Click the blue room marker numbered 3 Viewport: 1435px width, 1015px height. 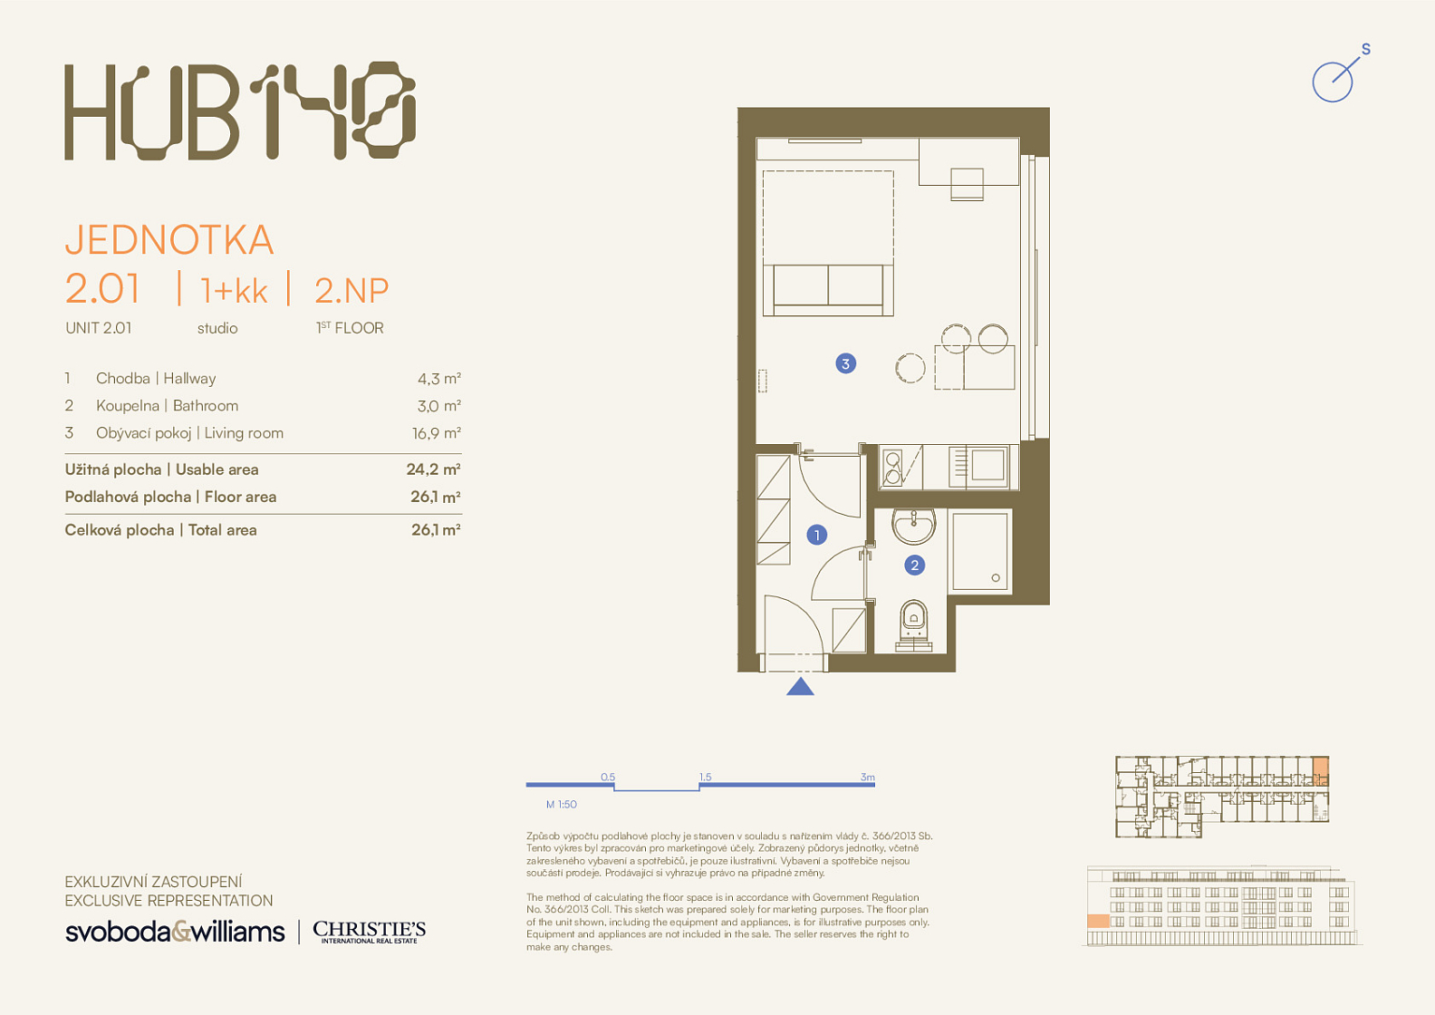(845, 364)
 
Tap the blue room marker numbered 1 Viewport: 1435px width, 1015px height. (817, 535)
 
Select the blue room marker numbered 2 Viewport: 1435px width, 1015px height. (914, 565)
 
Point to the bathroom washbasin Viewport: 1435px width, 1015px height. (914, 527)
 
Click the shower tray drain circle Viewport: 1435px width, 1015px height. (996, 578)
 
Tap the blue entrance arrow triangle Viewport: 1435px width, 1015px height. (800, 686)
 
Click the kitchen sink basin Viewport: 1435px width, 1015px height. (987, 465)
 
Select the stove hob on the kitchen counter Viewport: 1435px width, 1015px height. (892, 467)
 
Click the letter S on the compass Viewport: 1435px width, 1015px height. (1366, 49)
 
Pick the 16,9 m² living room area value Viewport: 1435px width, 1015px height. (437, 434)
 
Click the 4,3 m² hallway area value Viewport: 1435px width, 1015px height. (439, 379)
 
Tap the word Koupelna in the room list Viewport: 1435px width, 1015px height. (128, 406)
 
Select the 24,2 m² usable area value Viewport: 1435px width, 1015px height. (434, 469)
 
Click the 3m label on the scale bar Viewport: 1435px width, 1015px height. (867, 778)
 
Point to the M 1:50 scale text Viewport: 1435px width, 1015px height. (561, 805)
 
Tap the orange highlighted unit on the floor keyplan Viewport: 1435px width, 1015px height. (1320, 771)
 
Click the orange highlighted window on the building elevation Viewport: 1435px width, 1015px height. (1098, 922)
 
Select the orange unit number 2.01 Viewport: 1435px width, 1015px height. (102, 289)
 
